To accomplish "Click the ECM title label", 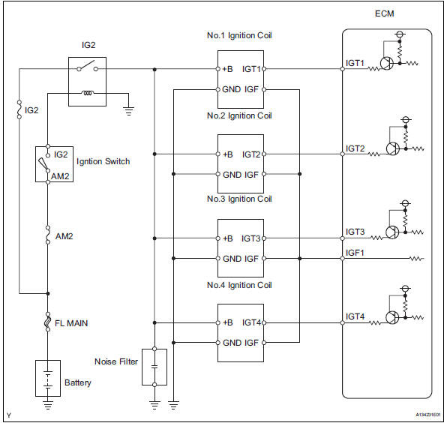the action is coord(384,13).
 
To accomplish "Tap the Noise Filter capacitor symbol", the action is coord(154,367).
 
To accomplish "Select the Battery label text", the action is coord(77,382).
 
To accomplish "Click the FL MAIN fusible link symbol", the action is coord(48,322).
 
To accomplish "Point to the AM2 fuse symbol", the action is coord(48,235).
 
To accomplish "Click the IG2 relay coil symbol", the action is coord(87,93).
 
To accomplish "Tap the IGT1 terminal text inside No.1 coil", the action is coord(251,69).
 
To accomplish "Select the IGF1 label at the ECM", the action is coord(355,253).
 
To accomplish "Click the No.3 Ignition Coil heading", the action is coord(239,199).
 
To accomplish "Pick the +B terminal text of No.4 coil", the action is coord(227,322).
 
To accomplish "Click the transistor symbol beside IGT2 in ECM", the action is coord(393,148).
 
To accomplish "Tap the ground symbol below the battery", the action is coord(48,405).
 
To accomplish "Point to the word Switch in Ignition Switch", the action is coord(117,161).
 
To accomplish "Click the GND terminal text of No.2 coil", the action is coord(232,175).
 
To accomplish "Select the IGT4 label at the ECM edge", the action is coord(355,316).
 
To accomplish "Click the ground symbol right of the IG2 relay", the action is coord(128,110).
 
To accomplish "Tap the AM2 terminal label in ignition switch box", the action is coord(60,176).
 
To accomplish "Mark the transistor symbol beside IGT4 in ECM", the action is coord(392,317).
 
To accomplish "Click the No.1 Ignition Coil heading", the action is coord(239,35).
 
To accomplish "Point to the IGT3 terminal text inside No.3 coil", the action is coord(250,238).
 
